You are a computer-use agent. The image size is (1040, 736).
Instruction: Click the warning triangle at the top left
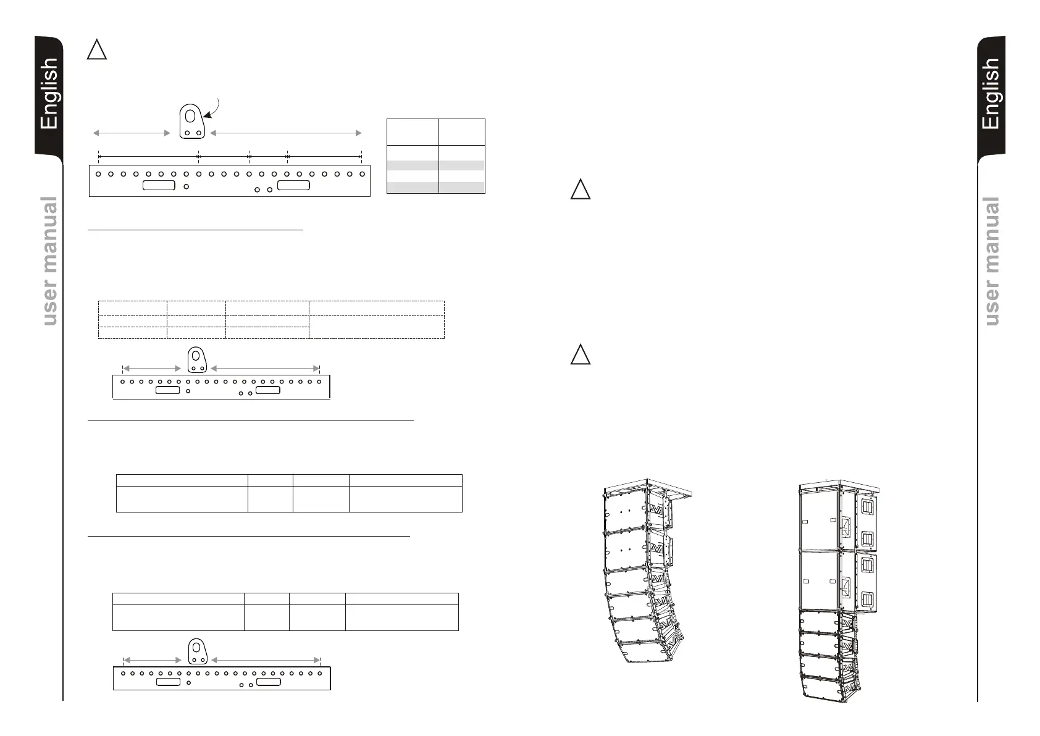coord(96,50)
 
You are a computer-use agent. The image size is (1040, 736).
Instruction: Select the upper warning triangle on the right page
coord(580,189)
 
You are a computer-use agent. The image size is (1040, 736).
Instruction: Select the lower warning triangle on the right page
coord(580,355)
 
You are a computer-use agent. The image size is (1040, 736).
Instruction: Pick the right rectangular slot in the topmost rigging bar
coord(293,186)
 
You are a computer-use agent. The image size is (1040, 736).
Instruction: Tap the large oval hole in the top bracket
coord(191,116)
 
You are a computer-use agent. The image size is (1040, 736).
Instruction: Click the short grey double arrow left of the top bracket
coord(131,133)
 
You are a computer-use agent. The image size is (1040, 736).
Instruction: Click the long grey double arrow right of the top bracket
coord(286,133)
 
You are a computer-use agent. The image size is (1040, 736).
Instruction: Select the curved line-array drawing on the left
coord(642,574)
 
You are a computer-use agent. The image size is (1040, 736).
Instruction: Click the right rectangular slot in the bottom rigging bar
coord(269,682)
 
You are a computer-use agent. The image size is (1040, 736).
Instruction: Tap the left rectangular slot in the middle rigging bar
coord(167,390)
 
